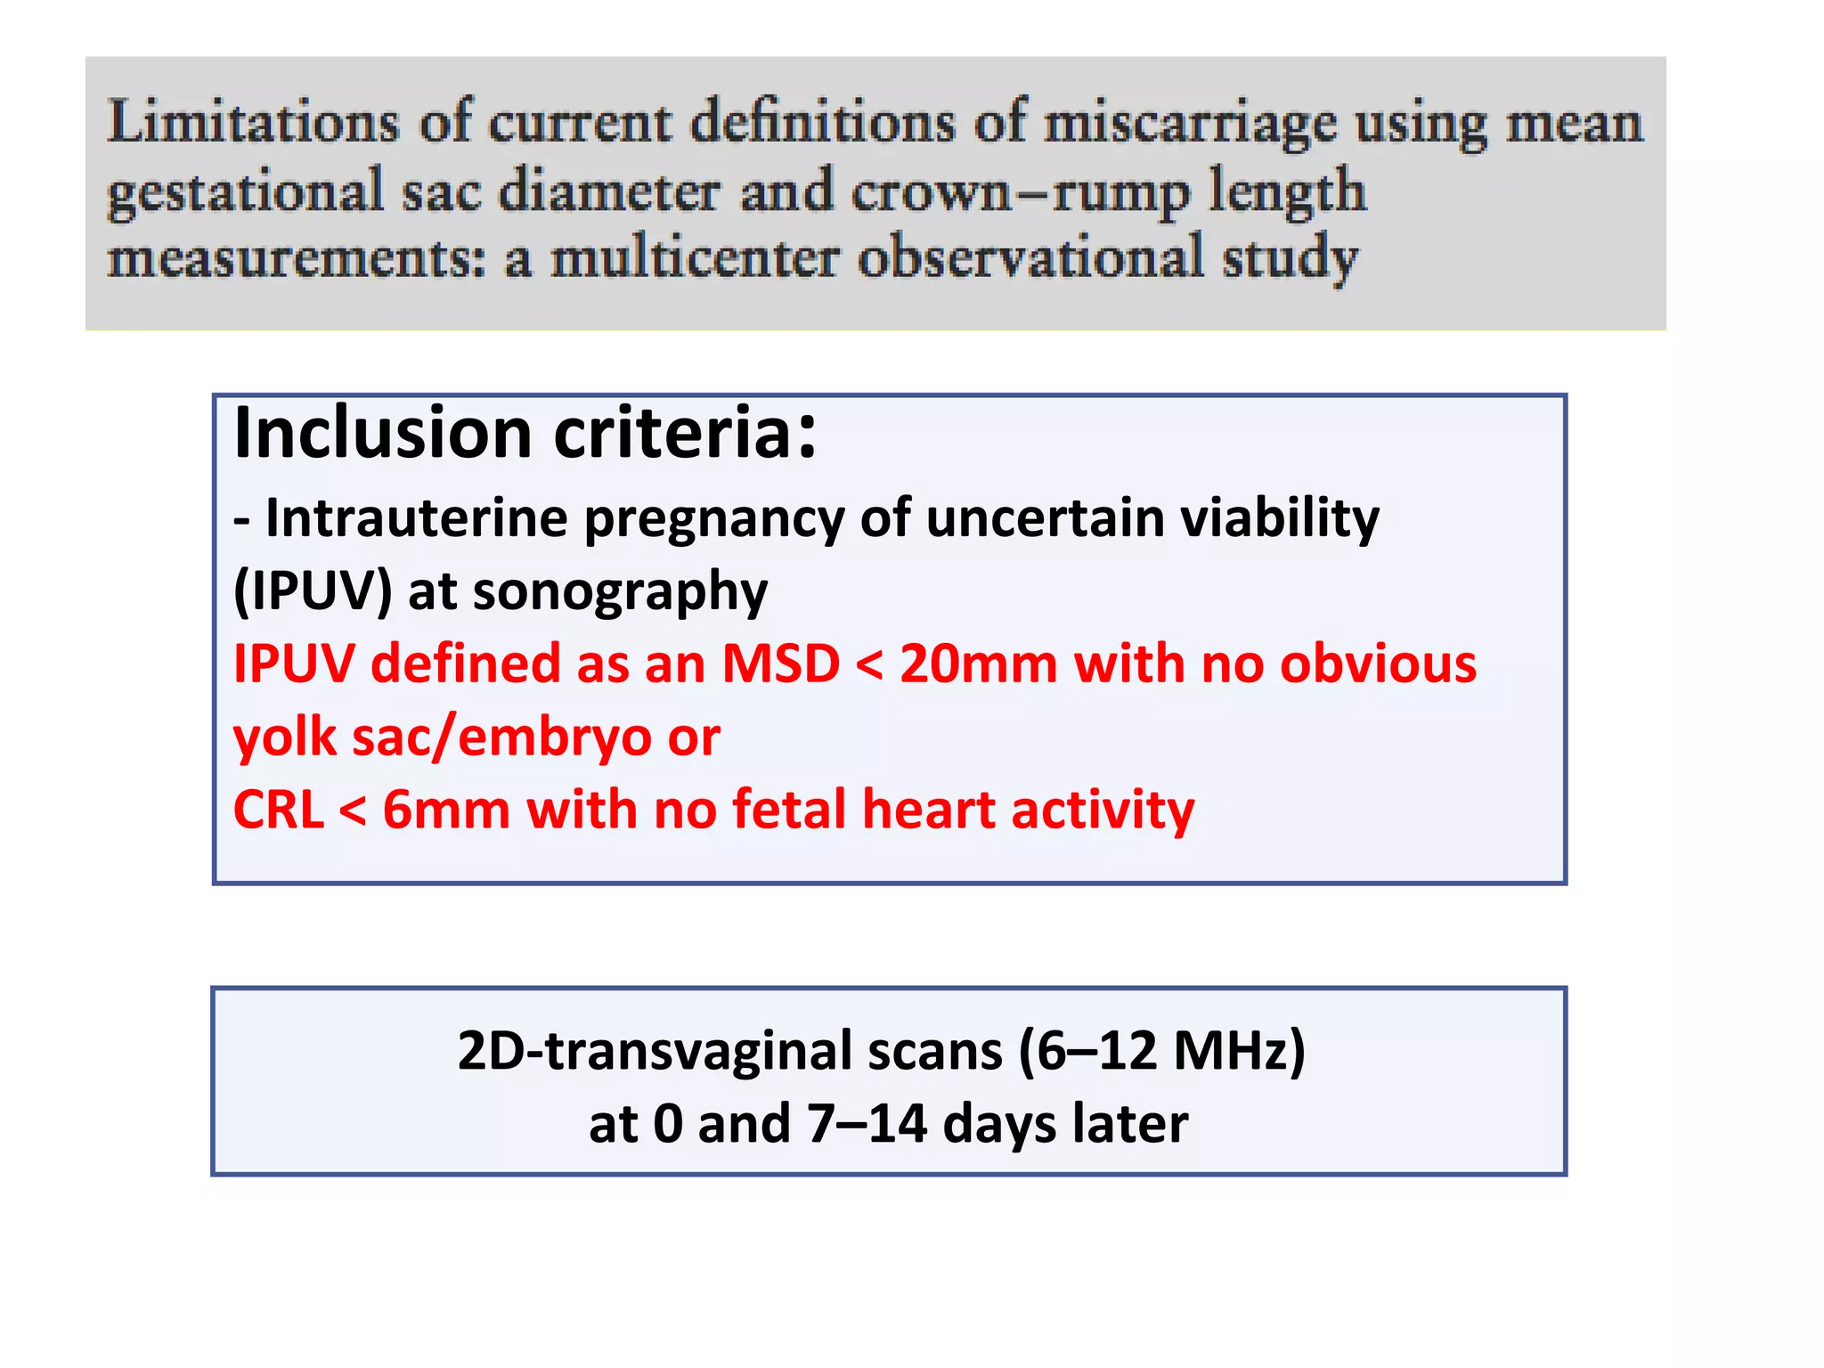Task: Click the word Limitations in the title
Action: (x=253, y=122)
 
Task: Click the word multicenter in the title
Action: (x=695, y=259)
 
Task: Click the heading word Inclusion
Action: (x=383, y=434)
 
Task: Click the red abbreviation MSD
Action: (x=780, y=664)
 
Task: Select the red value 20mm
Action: (x=978, y=664)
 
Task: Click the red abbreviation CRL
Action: (x=278, y=810)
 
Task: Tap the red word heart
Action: (x=928, y=810)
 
